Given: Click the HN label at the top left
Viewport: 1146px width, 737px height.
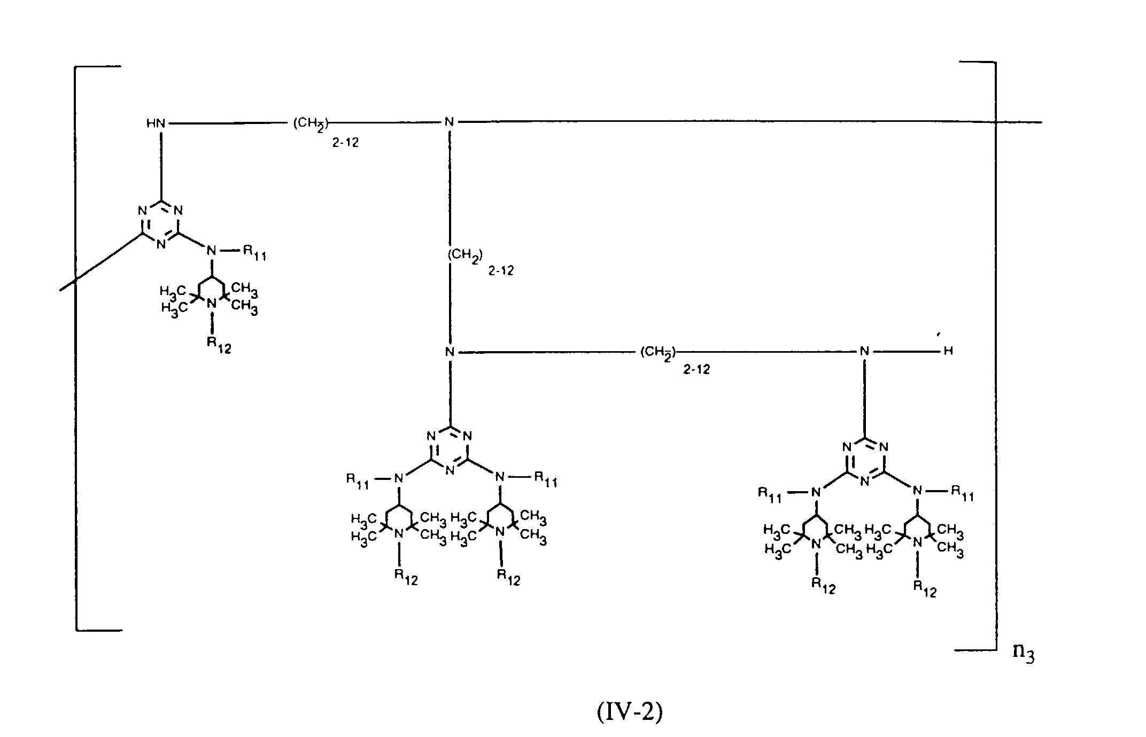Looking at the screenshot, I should (x=156, y=123).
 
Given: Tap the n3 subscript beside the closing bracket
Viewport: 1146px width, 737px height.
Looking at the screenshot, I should (x=1023, y=654).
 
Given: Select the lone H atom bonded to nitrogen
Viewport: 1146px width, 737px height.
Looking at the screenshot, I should (x=948, y=351).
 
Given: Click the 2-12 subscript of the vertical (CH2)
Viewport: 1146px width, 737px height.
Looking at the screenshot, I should (x=501, y=270).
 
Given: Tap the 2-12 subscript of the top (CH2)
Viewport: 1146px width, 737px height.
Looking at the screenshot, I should (x=345, y=142).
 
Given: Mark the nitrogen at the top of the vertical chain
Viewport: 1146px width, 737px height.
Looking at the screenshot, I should (x=449, y=122).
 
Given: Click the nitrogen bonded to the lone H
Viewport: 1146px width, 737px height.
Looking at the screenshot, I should (x=864, y=351).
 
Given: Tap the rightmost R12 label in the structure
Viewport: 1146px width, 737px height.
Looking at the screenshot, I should (x=925, y=588).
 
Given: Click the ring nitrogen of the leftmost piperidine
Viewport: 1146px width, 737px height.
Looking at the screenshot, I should (x=212, y=303).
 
